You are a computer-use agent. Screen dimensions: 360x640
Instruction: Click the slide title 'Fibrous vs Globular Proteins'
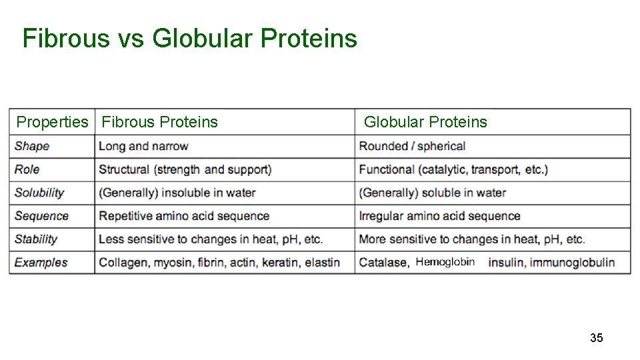tap(190, 39)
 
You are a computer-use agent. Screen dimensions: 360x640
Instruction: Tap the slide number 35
tap(596, 338)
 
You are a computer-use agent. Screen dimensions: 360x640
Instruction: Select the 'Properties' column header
tap(52, 122)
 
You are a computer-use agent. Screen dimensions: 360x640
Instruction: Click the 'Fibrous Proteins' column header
tap(159, 122)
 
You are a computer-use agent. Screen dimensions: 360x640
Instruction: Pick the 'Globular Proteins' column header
tap(425, 122)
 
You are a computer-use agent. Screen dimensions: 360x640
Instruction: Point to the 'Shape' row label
tap(32, 146)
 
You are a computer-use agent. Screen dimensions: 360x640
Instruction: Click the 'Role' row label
tap(27, 169)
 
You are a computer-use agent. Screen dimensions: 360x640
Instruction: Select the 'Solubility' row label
tap(39, 193)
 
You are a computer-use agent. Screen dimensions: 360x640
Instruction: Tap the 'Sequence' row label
tap(41, 216)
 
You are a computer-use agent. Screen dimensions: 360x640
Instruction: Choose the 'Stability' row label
tap(36, 239)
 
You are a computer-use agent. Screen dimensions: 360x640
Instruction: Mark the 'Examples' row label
tap(41, 262)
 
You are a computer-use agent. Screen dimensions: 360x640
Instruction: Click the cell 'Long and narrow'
tap(143, 146)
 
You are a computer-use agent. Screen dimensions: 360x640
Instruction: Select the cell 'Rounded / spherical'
tap(412, 146)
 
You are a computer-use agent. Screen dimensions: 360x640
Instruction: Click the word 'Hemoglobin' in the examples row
tap(445, 261)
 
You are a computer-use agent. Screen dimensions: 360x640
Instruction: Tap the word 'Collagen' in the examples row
tap(124, 262)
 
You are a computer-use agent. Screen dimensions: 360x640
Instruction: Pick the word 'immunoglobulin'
tap(572, 262)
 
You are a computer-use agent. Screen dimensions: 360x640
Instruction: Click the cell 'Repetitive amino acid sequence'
tap(184, 216)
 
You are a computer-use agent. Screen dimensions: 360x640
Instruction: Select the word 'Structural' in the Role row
tap(125, 169)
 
